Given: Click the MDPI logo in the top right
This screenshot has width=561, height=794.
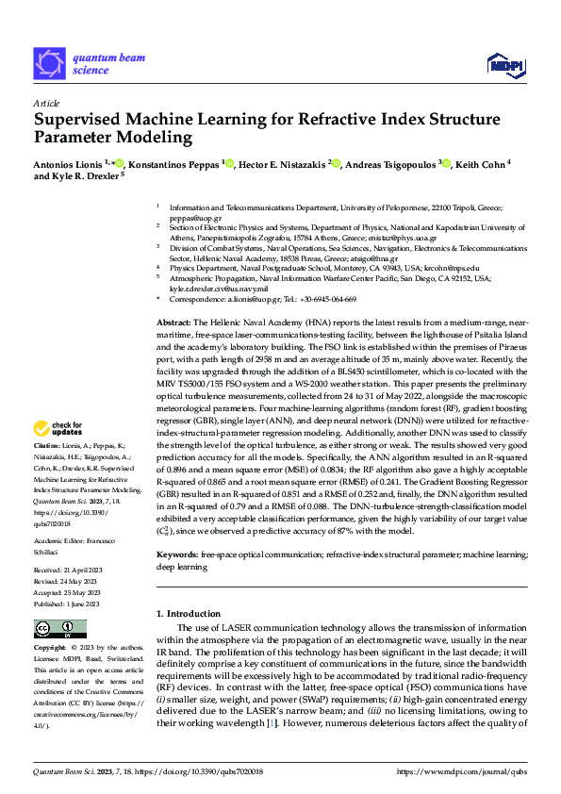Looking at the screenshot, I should pos(504,63).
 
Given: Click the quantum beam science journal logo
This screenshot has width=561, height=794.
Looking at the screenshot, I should pos(90,63).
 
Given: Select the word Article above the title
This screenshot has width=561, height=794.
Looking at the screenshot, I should pos(47,102).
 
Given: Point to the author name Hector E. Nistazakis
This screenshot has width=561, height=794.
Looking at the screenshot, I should pos(283,163).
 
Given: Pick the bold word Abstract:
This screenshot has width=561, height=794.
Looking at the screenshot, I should pos(174,323).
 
